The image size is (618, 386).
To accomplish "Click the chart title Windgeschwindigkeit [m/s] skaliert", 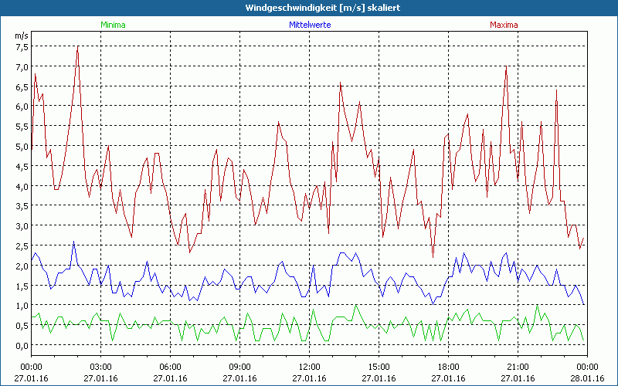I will click(x=309, y=7).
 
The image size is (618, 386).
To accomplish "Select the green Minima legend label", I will click(x=113, y=25).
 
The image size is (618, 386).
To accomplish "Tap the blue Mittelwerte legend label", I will click(x=309, y=25).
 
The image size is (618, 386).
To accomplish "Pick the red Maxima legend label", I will click(x=504, y=25).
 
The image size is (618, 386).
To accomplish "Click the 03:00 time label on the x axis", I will click(x=101, y=366).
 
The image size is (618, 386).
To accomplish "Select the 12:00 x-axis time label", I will click(x=309, y=366).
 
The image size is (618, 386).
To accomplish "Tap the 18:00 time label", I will click(x=448, y=366).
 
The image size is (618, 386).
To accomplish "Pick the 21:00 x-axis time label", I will click(x=518, y=366).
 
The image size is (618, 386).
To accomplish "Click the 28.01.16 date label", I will click(x=587, y=378).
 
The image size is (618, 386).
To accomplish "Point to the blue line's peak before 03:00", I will click(x=74, y=242).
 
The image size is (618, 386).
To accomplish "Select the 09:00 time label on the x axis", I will click(x=239, y=366).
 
